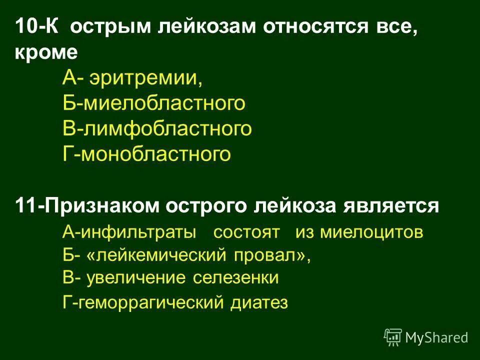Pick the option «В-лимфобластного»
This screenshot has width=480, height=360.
[157, 129]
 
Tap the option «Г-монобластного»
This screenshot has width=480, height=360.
[147, 154]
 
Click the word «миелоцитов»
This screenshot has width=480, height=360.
[371, 233]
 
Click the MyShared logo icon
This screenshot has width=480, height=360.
[393, 337]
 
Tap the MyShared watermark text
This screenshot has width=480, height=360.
[437, 337]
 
